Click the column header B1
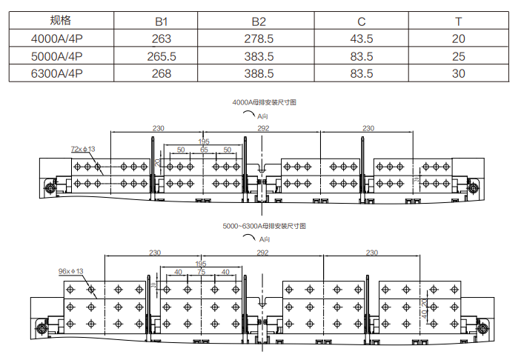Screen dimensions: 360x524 [162, 21]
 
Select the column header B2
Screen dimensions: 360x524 [259, 21]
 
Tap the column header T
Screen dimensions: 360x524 [458, 21]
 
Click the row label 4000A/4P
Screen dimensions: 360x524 [56, 39]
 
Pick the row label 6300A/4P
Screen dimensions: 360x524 [56, 73]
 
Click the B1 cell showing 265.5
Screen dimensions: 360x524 [162, 56]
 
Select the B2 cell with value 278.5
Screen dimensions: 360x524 [259, 39]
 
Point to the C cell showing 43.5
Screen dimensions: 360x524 [360, 39]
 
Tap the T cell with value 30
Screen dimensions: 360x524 [458, 73]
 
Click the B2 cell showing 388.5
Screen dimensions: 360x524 [259, 73]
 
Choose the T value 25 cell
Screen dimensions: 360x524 [458, 56]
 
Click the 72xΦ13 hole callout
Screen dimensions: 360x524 [83, 149]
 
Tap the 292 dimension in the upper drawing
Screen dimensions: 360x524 [263, 128]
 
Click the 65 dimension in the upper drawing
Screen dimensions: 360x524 [204, 150]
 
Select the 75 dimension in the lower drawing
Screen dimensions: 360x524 [201, 271]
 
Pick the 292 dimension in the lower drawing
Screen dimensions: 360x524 [262, 253]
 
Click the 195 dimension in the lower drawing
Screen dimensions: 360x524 [201, 263]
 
